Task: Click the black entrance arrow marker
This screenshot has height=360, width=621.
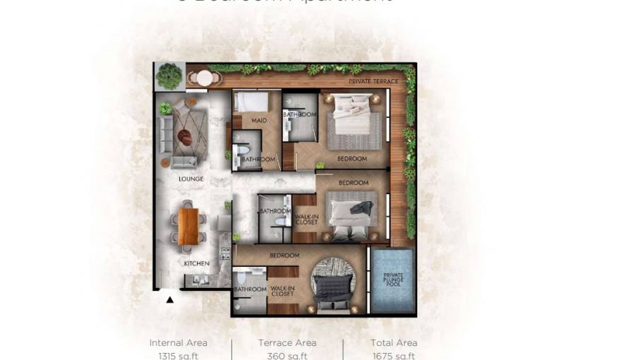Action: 170,299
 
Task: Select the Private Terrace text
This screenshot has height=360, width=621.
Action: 373,81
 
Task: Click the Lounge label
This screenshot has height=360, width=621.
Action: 191,179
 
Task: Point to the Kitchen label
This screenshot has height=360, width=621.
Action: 197,263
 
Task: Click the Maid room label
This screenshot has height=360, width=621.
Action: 258,121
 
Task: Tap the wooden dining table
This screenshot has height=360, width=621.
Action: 188,226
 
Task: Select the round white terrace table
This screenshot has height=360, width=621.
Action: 205,77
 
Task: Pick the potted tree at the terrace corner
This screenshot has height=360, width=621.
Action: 169,75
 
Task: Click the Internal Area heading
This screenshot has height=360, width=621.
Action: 179,343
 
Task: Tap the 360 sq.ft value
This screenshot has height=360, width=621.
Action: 287,356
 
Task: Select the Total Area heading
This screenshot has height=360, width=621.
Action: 394,343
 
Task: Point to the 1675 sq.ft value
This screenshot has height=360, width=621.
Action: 394,356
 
